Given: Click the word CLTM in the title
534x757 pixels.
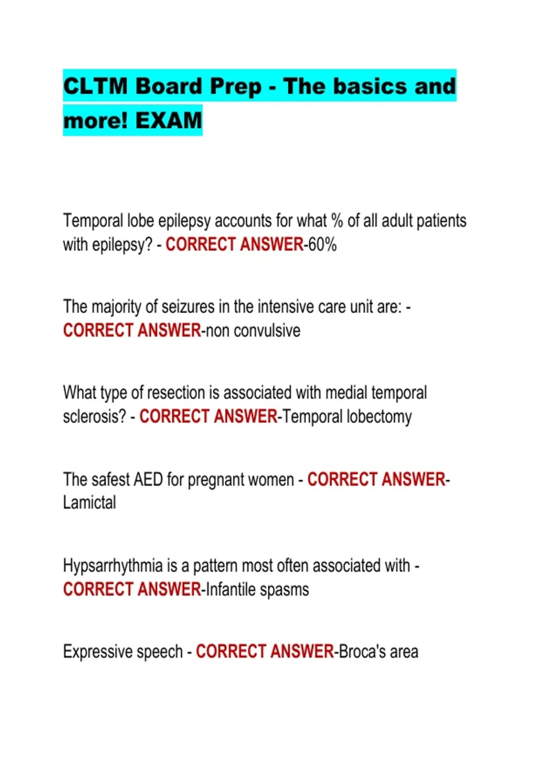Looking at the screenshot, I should (x=95, y=86).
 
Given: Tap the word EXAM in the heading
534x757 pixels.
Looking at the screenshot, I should (x=169, y=121).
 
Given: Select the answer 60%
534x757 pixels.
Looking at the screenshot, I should (x=323, y=244).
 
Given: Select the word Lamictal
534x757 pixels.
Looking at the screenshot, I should (x=89, y=503).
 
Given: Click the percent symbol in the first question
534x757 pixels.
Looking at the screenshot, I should (x=337, y=221).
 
